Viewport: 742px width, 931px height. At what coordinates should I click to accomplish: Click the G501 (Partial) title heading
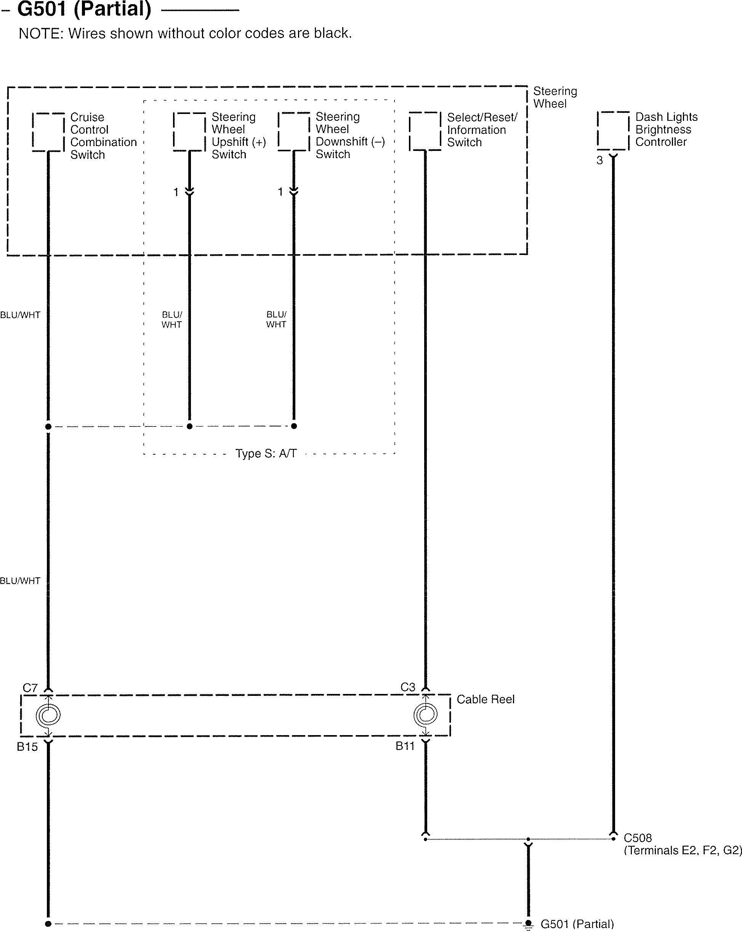pos(84,10)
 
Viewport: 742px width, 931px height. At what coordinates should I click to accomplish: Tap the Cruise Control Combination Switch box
pos(48,132)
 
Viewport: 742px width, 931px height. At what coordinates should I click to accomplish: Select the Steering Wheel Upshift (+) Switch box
pos(189,132)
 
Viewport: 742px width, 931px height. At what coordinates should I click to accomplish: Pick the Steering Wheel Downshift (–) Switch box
pos(294,132)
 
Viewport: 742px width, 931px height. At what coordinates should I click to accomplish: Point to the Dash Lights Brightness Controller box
pos(613,130)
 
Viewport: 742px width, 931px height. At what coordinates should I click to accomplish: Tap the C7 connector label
pos(30,688)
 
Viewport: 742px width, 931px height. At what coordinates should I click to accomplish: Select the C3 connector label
pos(408,687)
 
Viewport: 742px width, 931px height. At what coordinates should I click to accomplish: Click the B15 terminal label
pos(27,747)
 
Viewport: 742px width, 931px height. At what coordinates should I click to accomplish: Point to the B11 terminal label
pos(405,746)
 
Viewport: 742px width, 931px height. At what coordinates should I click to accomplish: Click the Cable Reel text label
pos(486,699)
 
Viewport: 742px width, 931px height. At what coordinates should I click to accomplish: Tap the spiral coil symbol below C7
pos(48,715)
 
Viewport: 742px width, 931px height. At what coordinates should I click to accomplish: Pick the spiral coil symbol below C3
pos(425,714)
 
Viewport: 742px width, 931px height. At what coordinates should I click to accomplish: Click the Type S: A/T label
pos(266,453)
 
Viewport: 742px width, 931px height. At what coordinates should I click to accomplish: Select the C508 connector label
pos(638,838)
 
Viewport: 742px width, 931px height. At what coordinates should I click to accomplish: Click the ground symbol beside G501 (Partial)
pos(528,924)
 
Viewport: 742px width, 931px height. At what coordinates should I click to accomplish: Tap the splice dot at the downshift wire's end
pos(294,426)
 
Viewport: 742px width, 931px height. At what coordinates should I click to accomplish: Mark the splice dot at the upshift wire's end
pos(189,426)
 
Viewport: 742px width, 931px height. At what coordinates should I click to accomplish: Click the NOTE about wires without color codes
pos(185,33)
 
